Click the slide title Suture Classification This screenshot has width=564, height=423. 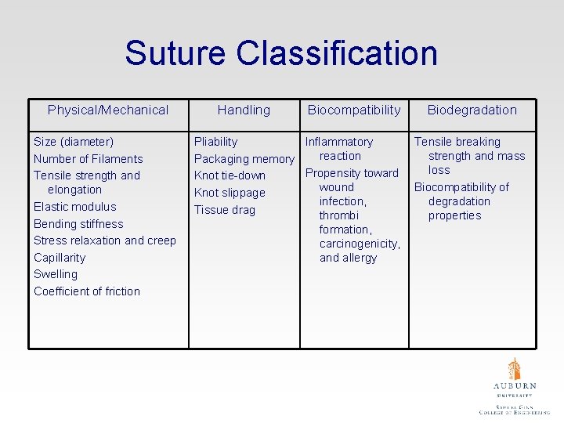tap(280, 53)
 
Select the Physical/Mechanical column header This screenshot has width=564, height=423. tap(108, 110)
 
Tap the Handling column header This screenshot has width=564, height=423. tap(244, 110)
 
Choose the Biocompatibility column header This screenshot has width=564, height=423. tap(354, 110)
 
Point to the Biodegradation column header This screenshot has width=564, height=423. tap(472, 110)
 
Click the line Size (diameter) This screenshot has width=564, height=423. tap(74, 142)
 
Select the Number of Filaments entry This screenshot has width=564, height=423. tap(89, 159)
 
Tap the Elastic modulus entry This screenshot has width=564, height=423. tap(75, 207)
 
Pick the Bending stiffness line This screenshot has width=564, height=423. tap(78, 224)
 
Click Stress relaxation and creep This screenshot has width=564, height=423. tap(105, 240)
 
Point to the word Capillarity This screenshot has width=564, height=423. tap(60, 258)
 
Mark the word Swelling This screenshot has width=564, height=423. tap(56, 274)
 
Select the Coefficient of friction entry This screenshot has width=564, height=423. tap(87, 291)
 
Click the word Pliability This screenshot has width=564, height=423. tap(215, 142)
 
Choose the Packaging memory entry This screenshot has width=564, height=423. tap(244, 159)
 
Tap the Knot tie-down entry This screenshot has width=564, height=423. tap(230, 175)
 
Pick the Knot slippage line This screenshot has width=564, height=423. tap(230, 193)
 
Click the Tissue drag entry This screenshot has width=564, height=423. tap(225, 210)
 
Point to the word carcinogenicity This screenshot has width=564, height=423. tap(360, 244)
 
